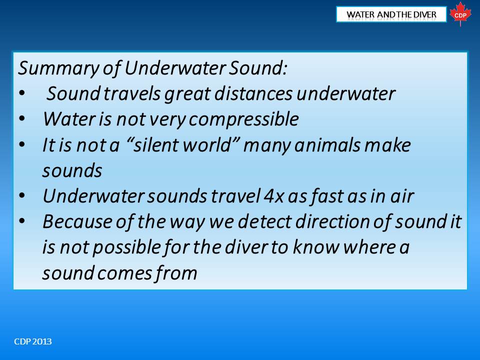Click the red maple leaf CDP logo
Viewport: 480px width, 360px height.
click(460, 14)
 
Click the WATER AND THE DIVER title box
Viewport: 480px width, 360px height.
click(391, 14)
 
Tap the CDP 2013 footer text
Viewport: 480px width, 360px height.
click(33, 341)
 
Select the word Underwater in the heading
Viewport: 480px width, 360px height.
click(175, 67)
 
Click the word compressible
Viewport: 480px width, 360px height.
click(243, 119)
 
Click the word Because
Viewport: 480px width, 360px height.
click(77, 221)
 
